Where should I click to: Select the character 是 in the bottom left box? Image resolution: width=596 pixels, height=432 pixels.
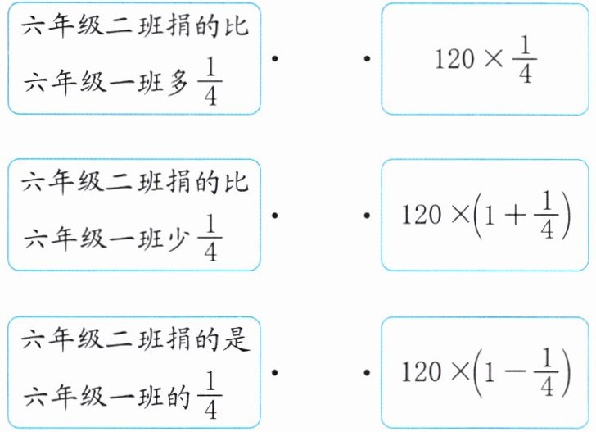tap(235, 336)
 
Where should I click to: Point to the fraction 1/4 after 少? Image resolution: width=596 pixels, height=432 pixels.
tap(210, 239)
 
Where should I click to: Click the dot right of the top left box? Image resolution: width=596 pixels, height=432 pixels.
tap(275, 59)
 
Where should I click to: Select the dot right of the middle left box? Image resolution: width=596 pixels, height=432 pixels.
tap(275, 215)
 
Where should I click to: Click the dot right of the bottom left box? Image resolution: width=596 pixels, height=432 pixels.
tap(275, 371)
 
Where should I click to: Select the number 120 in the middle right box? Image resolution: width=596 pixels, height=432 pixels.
tap(421, 216)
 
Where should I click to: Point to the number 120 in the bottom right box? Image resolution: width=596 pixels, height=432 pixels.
tap(421, 372)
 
